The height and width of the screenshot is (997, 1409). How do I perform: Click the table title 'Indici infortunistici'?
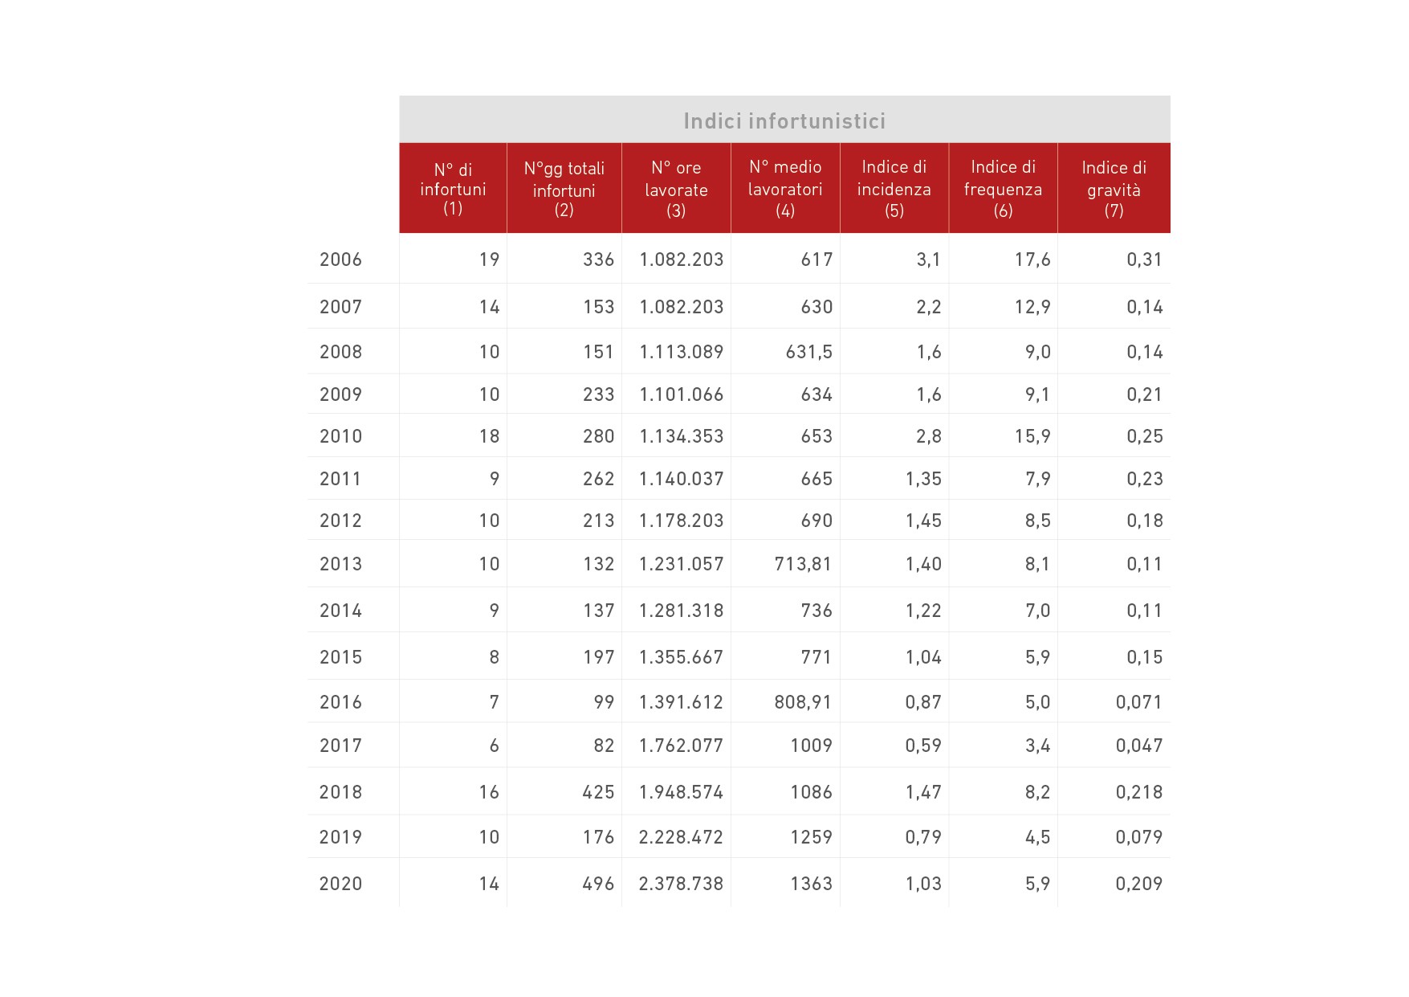point(784,121)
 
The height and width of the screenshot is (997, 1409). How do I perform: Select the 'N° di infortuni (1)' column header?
point(453,189)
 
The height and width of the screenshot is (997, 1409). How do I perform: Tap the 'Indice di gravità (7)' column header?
point(1114,189)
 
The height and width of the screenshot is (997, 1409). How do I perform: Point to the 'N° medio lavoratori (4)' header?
point(785,189)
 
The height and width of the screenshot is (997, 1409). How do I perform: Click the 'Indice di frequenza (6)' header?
point(1003,189)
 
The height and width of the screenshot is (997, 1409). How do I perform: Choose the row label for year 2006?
point(340,259)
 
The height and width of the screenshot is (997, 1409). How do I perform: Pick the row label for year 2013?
point(340,564)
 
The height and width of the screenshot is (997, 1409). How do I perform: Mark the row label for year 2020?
point(340,884)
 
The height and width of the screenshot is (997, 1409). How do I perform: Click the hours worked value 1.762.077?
point(681,746)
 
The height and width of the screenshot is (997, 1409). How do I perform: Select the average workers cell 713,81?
point(803,564)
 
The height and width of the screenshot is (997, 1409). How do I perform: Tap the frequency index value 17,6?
point(1032,259)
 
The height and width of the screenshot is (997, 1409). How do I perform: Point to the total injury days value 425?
point(598,792)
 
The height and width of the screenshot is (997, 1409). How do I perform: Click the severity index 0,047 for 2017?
point(1138,746)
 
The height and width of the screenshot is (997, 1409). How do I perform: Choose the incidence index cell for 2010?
point(928,436)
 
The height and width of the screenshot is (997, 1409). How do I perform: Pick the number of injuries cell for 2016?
point(494,702)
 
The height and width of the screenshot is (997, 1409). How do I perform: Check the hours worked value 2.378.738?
point(681,884)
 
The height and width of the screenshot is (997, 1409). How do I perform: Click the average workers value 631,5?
point(808,352)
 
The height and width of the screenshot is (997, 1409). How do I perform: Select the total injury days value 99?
point(604,702)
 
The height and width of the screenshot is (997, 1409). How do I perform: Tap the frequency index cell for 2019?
point(1037,837)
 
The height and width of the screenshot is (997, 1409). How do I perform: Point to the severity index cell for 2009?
point(1144,394)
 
